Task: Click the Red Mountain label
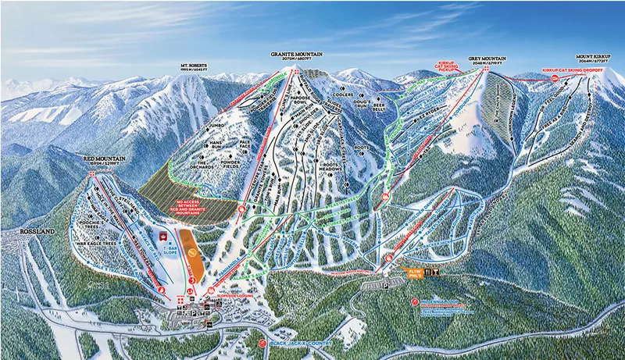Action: pyautogui.click(x=99, y=160)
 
